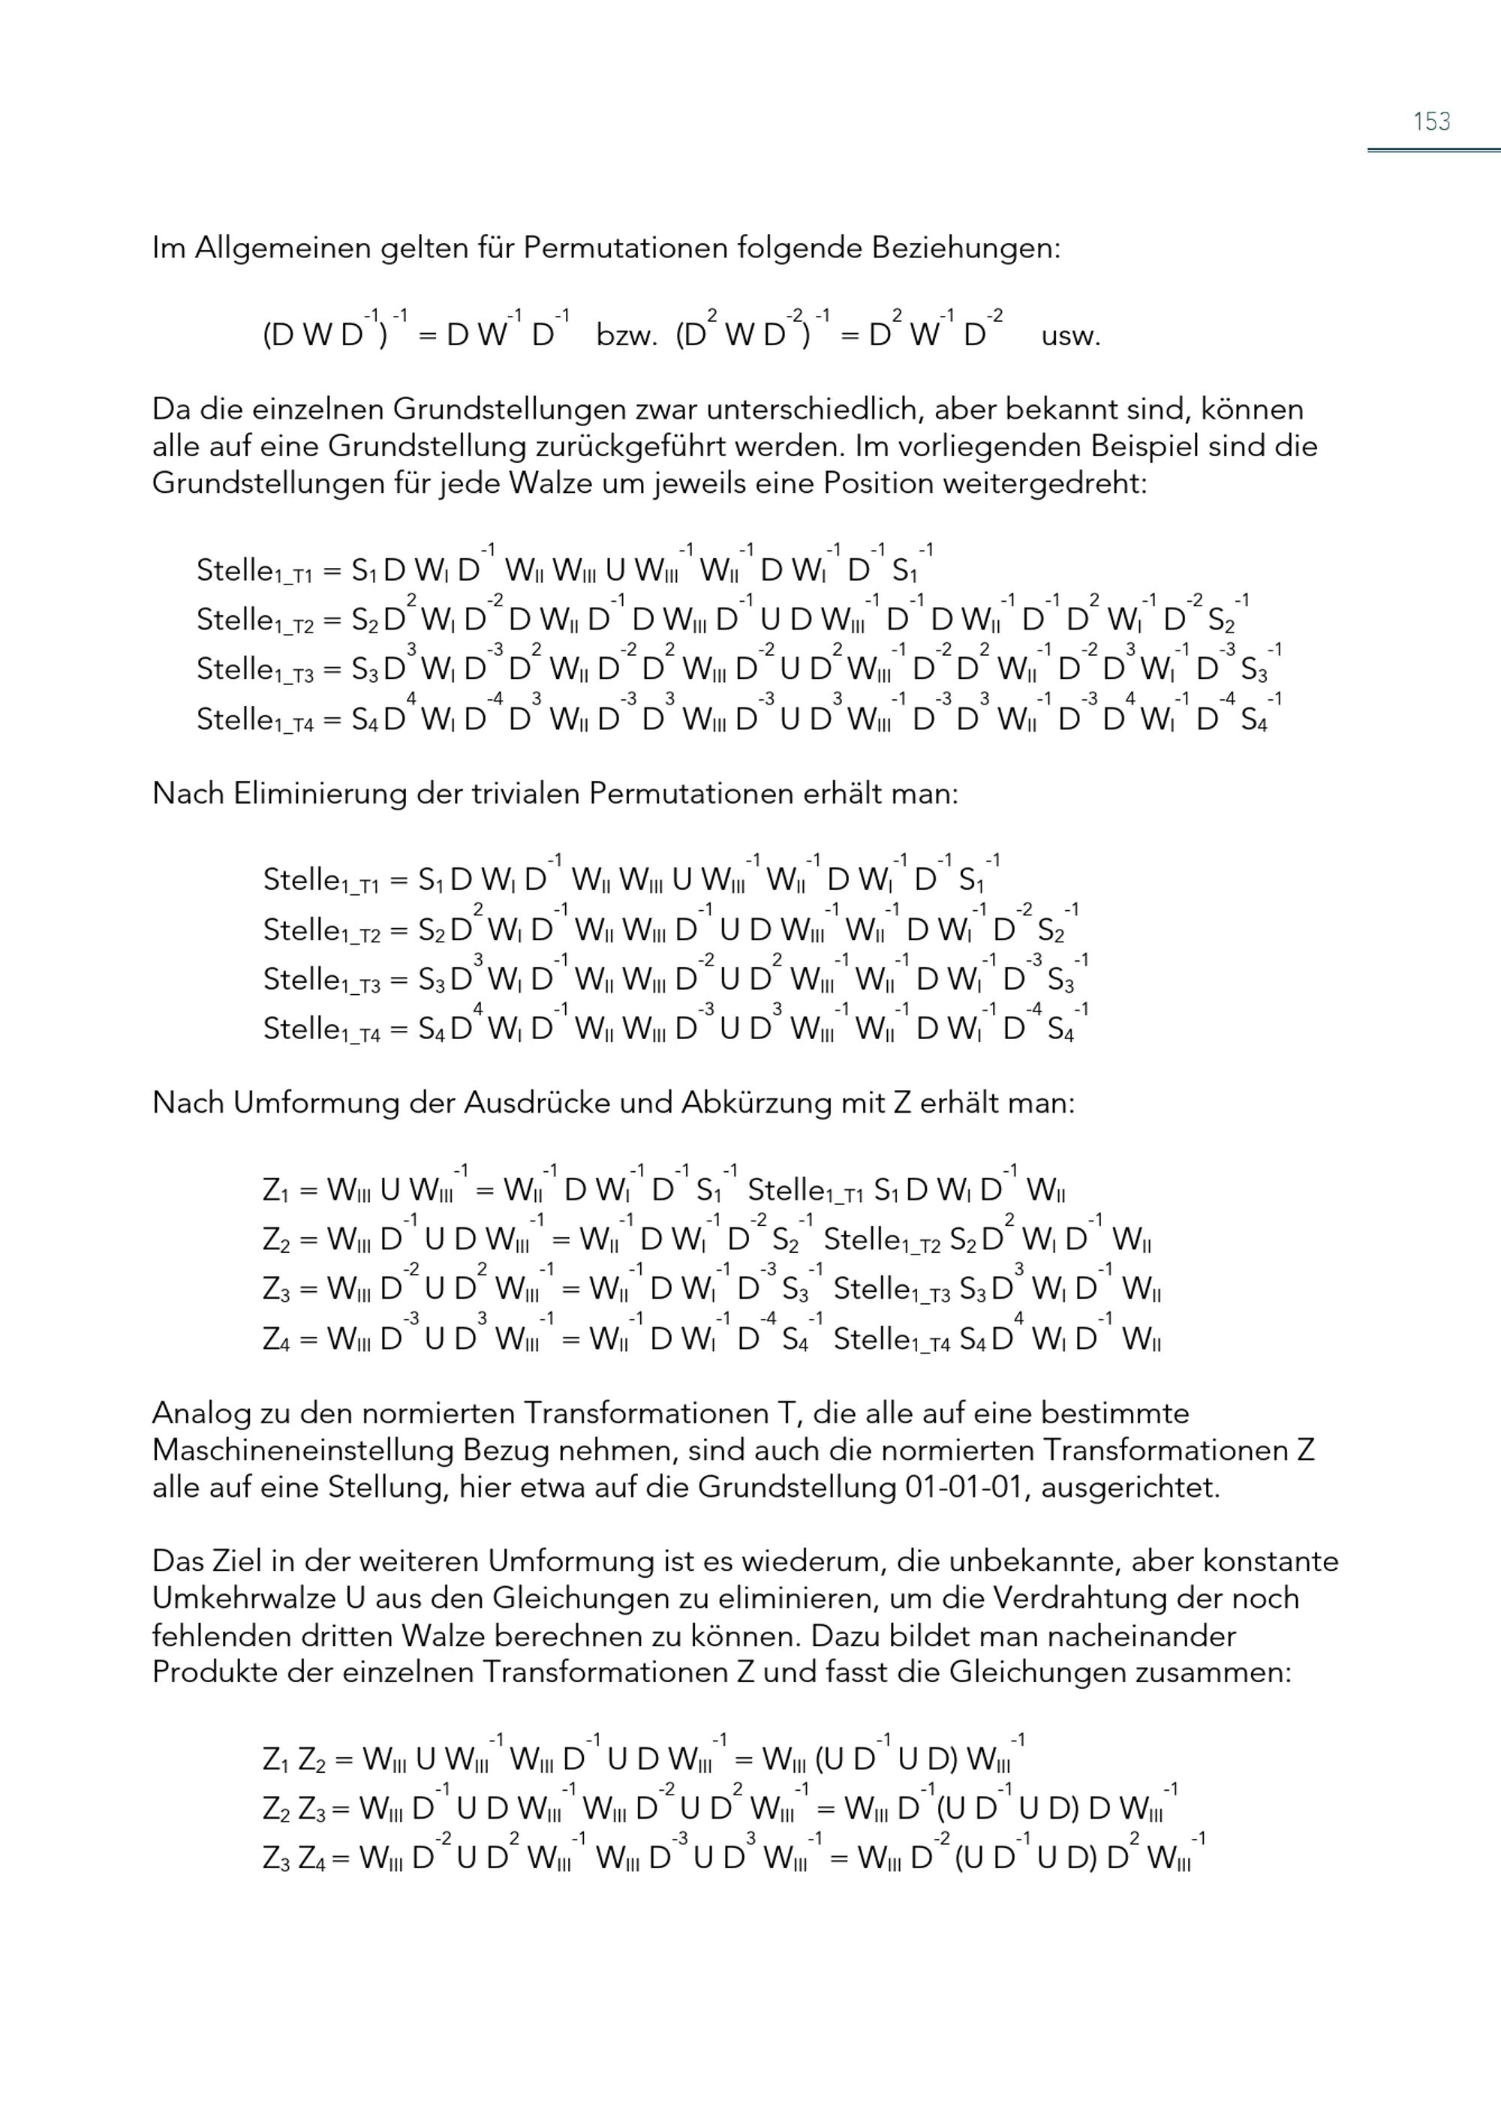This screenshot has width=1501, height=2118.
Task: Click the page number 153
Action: (1430, 121)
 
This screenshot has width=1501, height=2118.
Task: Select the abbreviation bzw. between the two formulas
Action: (626, 335)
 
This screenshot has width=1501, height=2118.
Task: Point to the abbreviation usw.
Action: (1070, 335)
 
